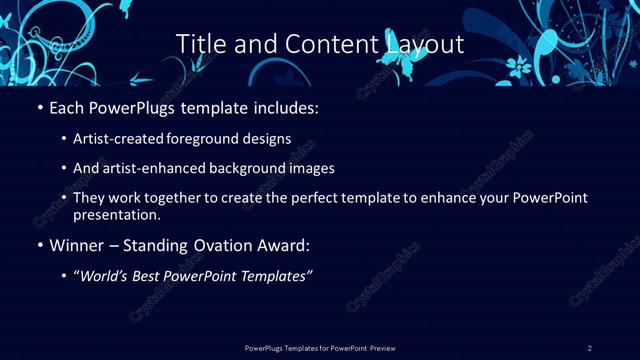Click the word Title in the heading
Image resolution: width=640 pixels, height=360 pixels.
click(x=199, y=45)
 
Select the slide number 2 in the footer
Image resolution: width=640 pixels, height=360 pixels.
click(x=590, y=347)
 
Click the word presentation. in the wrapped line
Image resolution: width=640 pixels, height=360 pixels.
click(x=117, y=214)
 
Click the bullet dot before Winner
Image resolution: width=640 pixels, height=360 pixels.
click(x=39, y=244)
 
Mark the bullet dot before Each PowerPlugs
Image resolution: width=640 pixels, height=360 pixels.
click(x=39, y=106)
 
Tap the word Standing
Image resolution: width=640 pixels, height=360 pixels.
click(x=152, y=243)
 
